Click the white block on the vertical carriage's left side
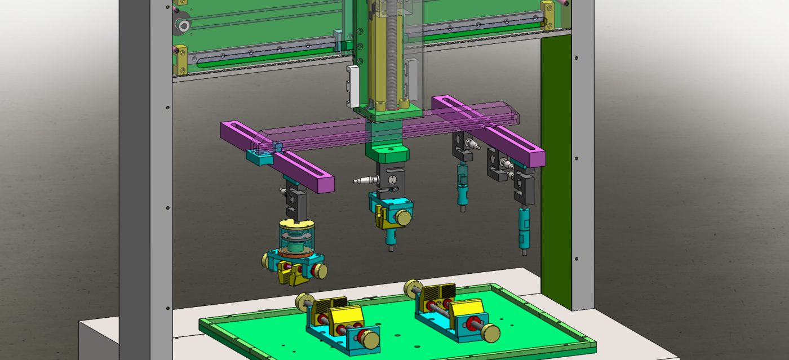tap(353, 86)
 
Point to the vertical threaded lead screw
tap(389, 51)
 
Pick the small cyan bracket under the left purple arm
tap(261, 158)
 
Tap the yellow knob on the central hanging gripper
tap(402, 217)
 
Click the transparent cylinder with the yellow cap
tap(297, 237)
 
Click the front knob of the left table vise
tap(370, 340)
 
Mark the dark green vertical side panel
tap(556, 169)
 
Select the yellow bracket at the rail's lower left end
tap(181, 62)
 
